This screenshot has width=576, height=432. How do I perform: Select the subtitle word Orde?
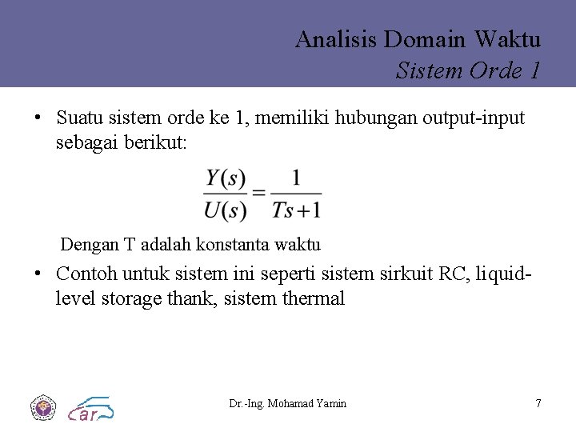495,71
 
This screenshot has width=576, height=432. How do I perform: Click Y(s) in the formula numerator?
225,178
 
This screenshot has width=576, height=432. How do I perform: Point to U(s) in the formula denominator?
225,210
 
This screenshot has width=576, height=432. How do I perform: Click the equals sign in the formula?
258,194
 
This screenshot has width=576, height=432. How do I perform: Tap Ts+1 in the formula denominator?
296,210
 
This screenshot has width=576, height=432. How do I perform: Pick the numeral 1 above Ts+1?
296,178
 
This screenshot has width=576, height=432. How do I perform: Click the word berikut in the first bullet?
158,143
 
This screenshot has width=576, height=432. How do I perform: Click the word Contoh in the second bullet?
86,274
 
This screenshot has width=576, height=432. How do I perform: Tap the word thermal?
314,299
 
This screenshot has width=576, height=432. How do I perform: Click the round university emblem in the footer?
42,407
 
